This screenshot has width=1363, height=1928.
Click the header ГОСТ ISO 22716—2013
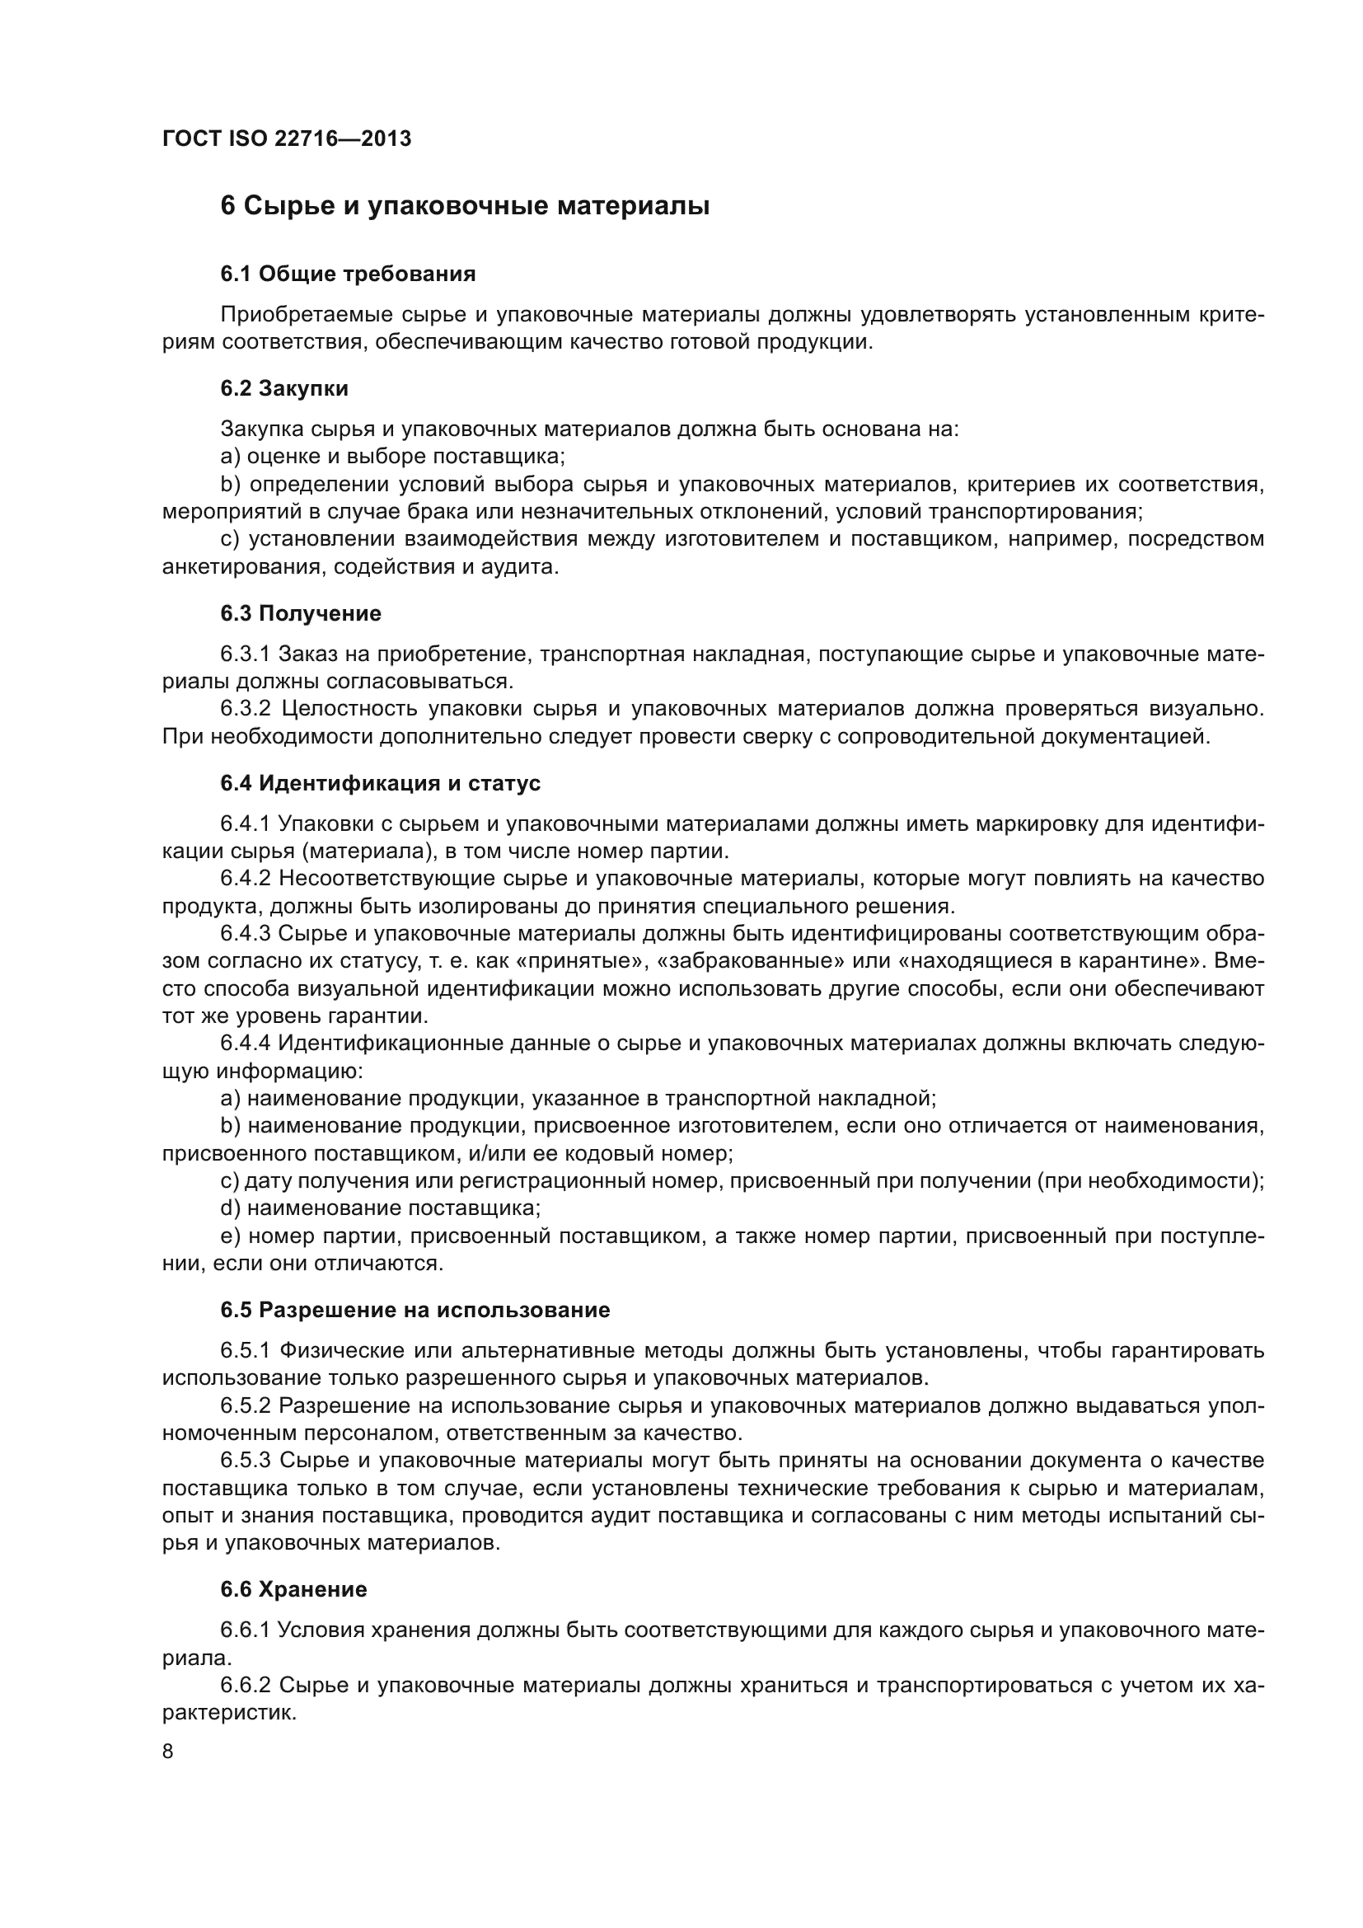[x=287, y=138]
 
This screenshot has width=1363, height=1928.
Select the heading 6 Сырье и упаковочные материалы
[x=465, y=206]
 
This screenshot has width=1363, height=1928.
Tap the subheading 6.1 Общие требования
[x=348, y=274]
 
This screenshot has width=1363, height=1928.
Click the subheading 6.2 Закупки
[x=283, y=388]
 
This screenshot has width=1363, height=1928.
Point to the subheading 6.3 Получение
[x=301, y=613]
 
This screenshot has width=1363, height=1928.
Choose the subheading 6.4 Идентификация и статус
[x=380, y=782]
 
